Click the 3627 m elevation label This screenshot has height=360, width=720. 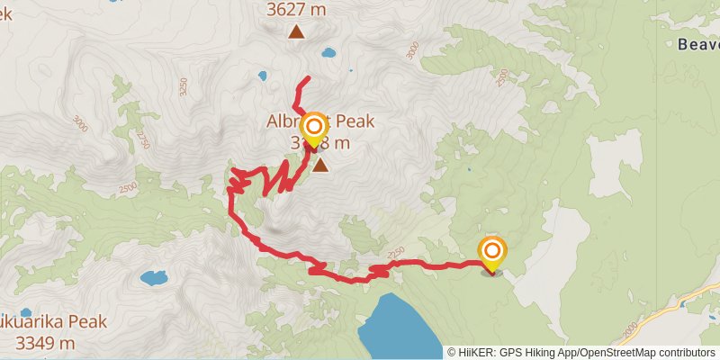(x=295, y=11)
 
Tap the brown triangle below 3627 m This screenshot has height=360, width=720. (x=296, y=33)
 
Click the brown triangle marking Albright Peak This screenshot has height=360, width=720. (x=320, y=164)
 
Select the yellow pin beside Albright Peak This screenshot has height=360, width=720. (x=313, y=130)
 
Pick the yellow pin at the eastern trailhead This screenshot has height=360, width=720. (x=492, y=253)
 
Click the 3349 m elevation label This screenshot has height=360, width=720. (x=45, y=343)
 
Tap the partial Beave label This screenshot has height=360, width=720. (x=697, y=44)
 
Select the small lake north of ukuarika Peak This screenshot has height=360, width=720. (x=153, y=277)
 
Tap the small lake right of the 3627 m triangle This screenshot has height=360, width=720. (x=328, y=52)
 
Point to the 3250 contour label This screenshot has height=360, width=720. (x=183, y=87)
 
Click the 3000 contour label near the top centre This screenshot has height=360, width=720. (x=412, y=51)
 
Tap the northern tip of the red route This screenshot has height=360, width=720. (x=309, y=78)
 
